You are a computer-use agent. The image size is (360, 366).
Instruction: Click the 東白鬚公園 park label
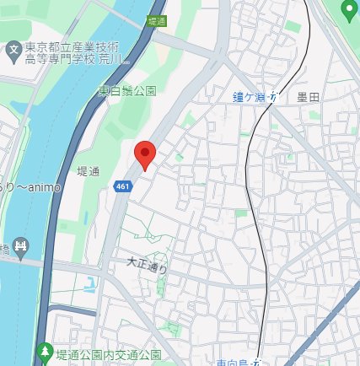126,90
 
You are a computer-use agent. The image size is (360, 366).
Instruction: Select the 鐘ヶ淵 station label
250,98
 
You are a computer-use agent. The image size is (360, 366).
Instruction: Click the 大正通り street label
148,266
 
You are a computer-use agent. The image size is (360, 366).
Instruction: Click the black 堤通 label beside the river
89,171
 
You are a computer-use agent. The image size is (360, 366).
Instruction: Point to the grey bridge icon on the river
22,248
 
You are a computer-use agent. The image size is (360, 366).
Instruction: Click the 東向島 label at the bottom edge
235,362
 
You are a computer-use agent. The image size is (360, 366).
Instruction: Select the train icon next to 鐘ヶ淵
272,98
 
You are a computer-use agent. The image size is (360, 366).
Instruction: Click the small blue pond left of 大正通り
90,285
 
